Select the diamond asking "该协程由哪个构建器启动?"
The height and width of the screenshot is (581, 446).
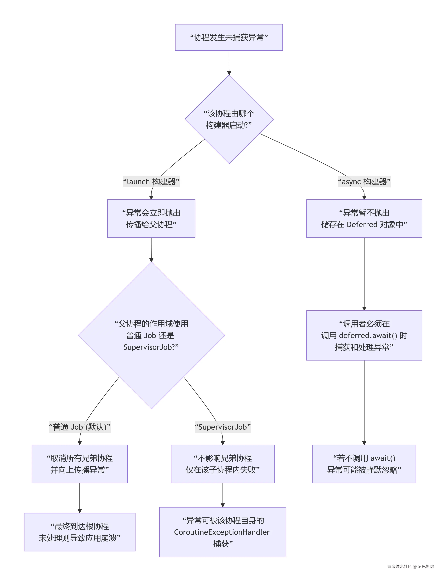229,119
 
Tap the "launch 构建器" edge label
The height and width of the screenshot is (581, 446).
151,182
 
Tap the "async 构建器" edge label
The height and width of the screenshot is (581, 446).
364,182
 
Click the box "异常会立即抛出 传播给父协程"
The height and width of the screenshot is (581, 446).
151,219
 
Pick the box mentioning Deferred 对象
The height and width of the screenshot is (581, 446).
364,219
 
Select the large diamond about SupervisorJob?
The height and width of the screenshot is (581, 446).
151,335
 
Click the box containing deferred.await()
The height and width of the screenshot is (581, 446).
364,335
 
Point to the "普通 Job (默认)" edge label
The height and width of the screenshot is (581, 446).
80,427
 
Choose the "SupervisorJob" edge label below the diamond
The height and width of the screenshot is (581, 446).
223,427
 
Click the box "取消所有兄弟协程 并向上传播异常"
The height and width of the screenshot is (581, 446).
80,464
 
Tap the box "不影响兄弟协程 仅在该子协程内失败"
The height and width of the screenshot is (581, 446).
223,464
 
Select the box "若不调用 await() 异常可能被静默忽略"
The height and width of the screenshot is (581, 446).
364,464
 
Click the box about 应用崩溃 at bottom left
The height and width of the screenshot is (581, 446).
80,532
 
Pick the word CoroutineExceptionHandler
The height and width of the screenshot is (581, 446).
222,532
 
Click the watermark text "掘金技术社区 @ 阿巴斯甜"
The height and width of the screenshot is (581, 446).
410,566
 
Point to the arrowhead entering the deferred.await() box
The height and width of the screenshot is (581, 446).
364,308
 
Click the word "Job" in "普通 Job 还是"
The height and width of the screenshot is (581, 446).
150,335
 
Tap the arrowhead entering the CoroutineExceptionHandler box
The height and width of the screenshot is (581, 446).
223,505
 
